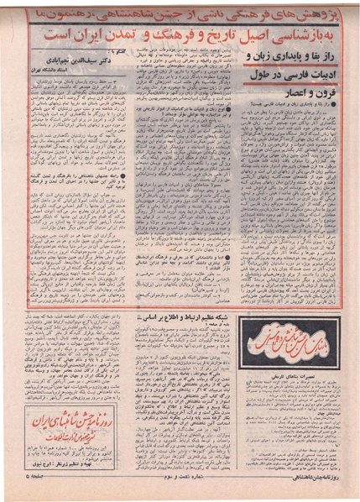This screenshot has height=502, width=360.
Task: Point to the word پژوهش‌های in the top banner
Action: point(316,12)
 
